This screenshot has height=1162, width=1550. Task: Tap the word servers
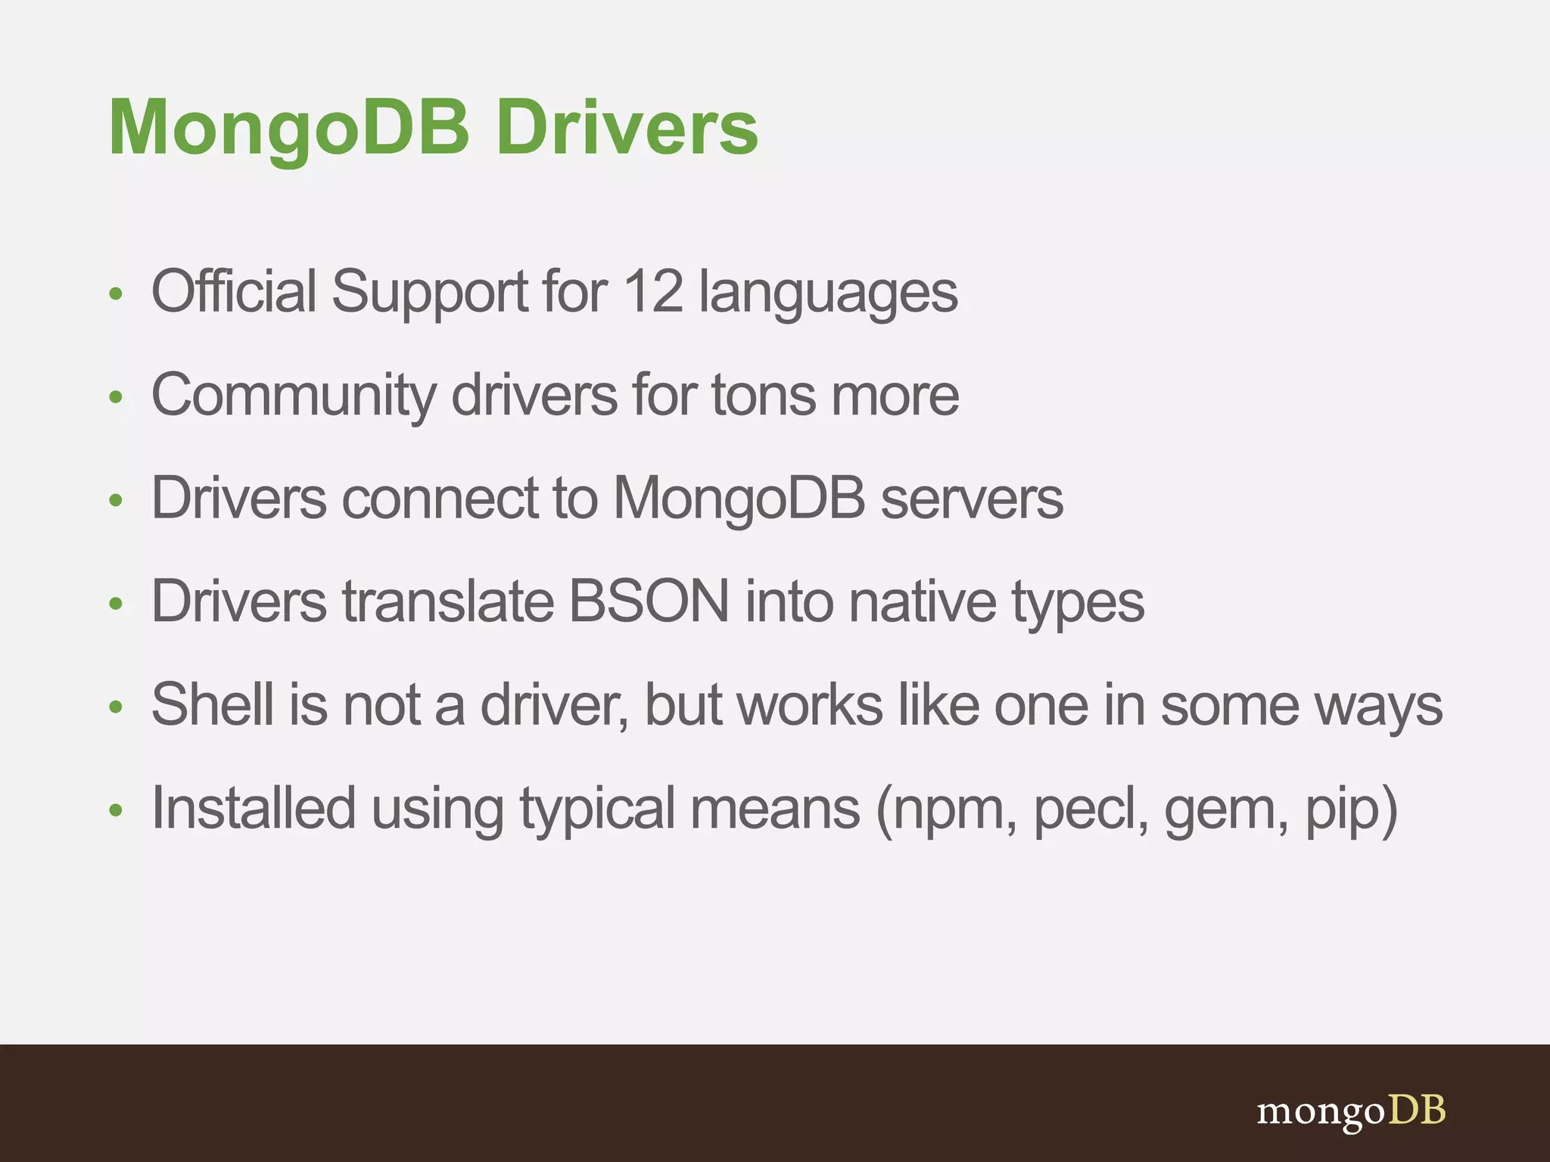click(x=972, y=499)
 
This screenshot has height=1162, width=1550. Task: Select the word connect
click(x=440, y=499)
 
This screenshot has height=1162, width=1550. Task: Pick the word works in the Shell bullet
click(x=810, y=704)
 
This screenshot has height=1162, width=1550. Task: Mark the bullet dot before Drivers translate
click(x=116, y=604)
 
